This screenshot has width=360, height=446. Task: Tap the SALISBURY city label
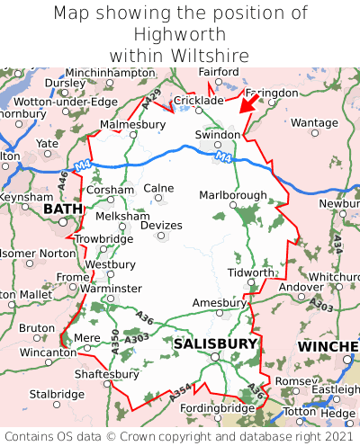(215, 343)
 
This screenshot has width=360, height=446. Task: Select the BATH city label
(62, 209)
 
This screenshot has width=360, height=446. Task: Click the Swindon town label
(218, 134)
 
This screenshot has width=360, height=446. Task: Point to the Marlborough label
(232, 195)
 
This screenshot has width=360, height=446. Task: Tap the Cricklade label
(197, 100)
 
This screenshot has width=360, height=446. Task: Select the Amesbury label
(220, 303)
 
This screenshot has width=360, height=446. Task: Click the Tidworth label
(250, 272)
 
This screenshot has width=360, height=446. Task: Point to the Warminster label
(111, 289)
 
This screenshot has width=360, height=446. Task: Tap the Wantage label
(315, 122)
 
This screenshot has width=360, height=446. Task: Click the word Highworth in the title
(179, 34)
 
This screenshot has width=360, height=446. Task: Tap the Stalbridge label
(57, 394)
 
